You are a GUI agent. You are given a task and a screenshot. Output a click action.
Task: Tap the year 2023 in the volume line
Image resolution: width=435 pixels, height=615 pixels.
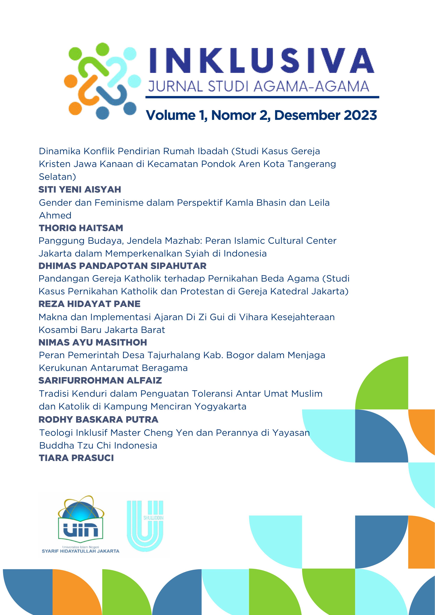tap(360, 115)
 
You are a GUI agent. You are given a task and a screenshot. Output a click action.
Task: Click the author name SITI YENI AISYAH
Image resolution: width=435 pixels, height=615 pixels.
tap(80, 190)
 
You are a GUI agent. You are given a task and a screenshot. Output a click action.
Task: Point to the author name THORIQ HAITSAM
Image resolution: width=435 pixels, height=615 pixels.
tap(81, 228)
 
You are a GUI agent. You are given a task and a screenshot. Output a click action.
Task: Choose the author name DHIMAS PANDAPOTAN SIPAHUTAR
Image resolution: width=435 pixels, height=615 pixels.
tap(122, 266)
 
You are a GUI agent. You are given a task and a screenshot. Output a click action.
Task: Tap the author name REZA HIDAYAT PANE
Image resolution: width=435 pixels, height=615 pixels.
tap(89, 304)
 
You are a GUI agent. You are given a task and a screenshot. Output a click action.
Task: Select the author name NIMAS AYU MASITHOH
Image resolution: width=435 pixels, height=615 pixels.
tap(93, 342)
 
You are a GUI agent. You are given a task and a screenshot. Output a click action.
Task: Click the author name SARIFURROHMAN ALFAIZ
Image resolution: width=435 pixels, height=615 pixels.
tap(100, 380)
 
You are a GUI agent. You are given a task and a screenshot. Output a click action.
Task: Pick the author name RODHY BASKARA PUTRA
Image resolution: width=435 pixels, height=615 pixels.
tap(98, 419)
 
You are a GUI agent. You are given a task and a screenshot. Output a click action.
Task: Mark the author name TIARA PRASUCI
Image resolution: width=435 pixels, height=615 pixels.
tap(76, 458)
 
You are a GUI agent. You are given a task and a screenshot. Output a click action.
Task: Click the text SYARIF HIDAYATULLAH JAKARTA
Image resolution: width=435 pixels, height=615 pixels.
tap(80, 551)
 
